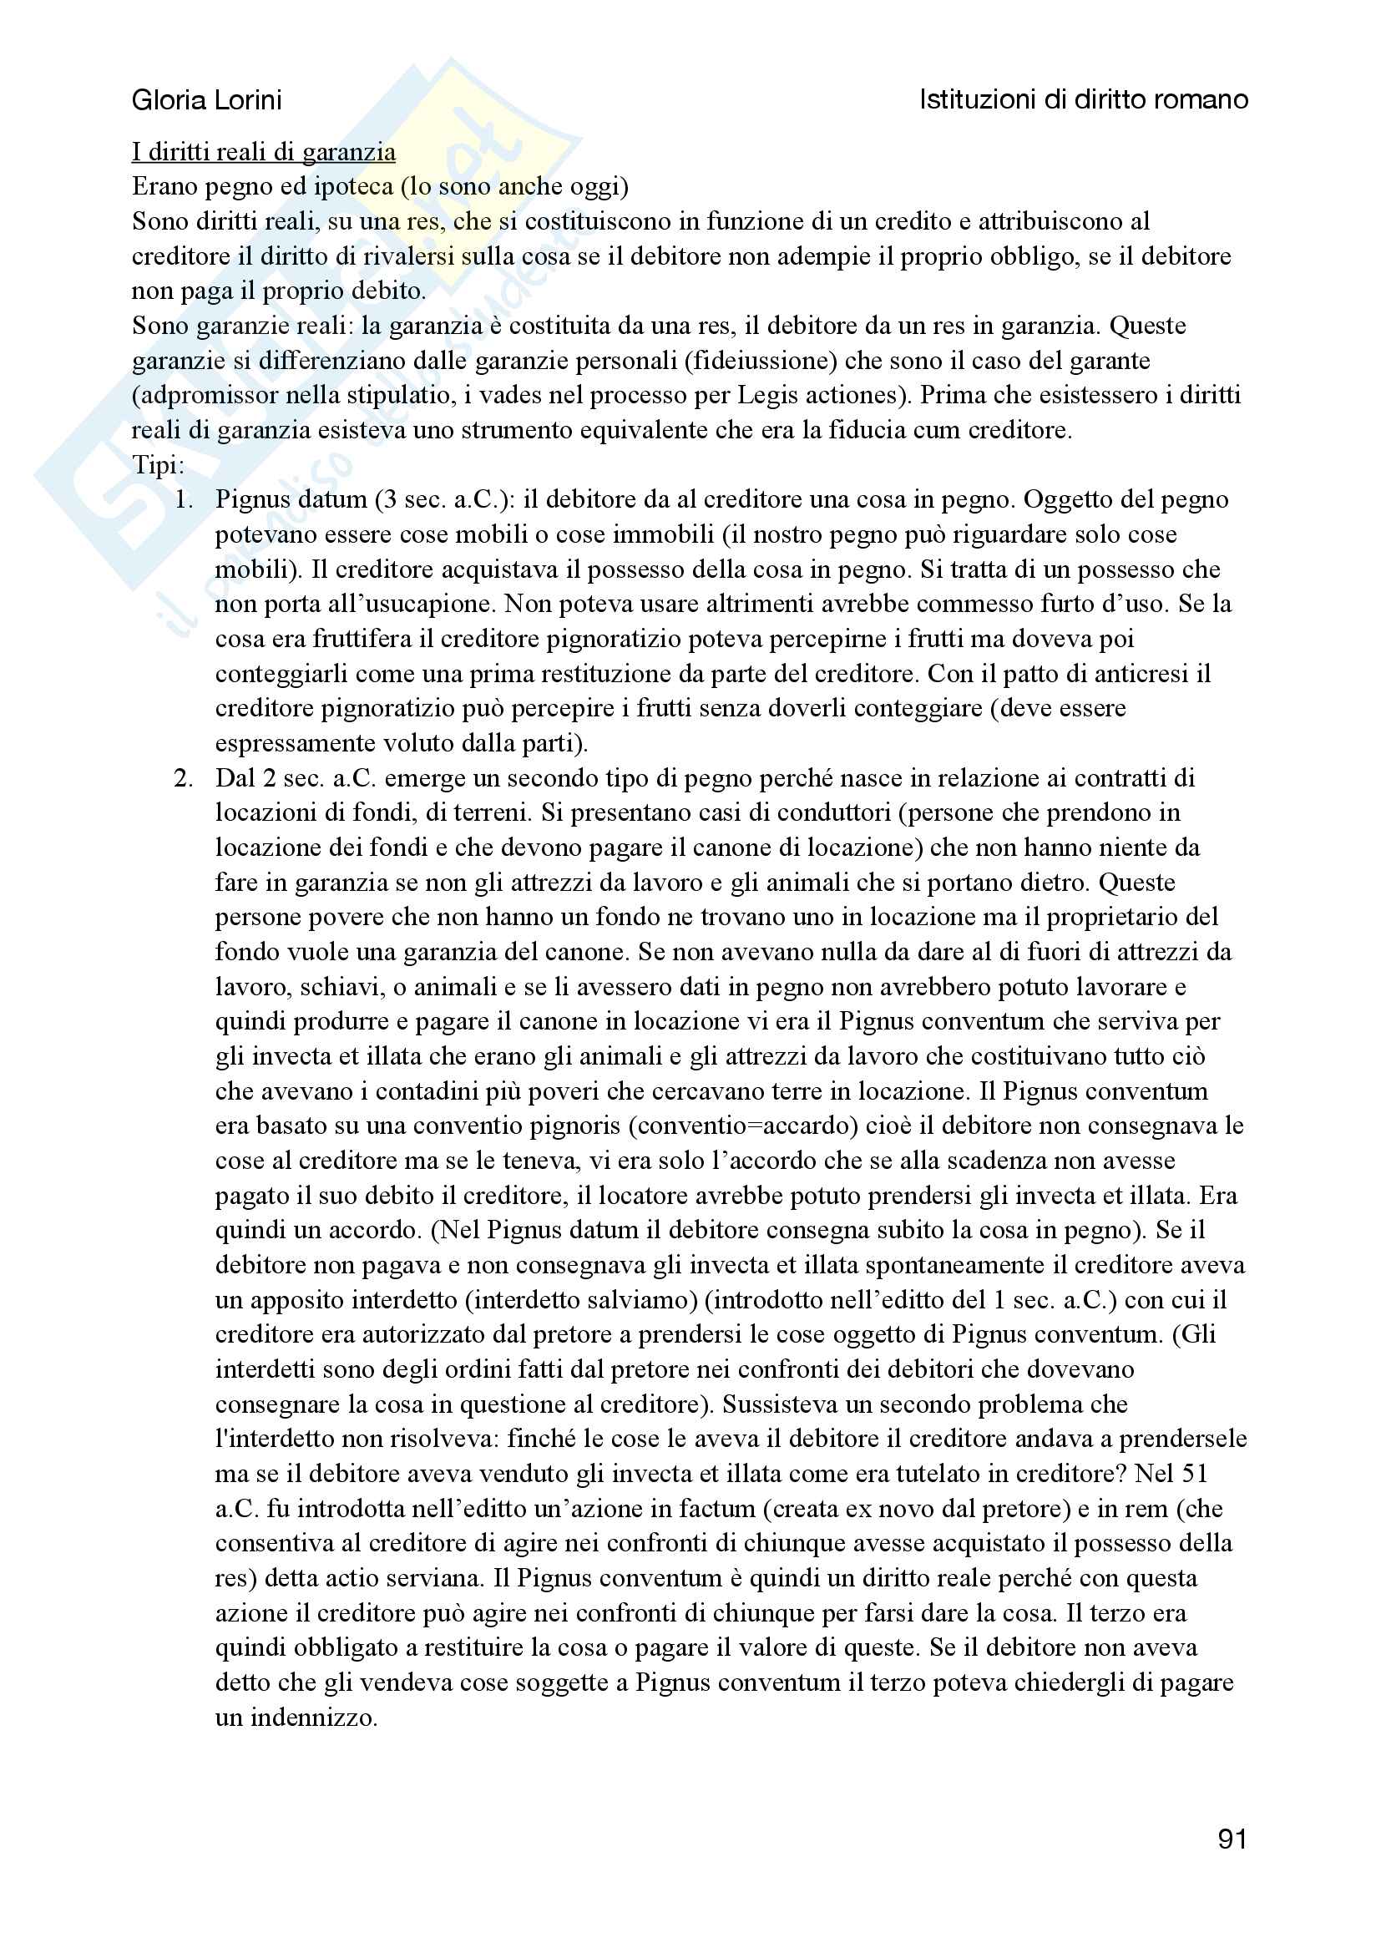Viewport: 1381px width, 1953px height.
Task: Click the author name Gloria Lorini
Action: [206, 100]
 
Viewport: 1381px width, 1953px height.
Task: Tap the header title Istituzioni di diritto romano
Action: [1083, 100]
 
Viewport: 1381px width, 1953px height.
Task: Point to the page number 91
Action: [1232, 1839]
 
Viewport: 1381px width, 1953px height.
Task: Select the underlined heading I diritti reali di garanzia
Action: [264, 152]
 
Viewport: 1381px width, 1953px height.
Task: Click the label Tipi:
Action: [158, 465]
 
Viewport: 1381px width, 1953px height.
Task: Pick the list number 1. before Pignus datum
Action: [184, 500]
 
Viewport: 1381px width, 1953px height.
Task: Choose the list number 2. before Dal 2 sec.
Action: [184, 778]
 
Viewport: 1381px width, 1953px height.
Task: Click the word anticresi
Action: [1136, 674]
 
